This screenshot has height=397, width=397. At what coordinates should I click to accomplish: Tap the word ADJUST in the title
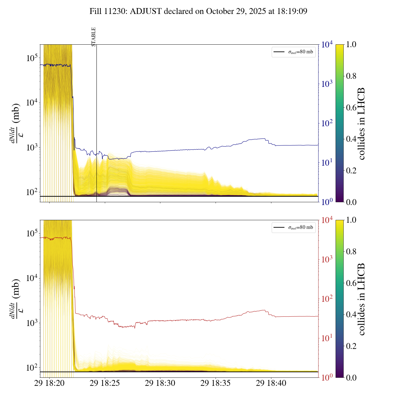coord(146,11)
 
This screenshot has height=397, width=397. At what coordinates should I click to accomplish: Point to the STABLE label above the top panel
coord(94,37)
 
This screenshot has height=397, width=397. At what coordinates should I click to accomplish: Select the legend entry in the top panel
coord(293,52)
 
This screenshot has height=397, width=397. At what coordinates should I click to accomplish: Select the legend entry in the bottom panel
coord(293,227)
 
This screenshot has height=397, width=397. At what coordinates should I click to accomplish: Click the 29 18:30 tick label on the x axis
coord(160,383)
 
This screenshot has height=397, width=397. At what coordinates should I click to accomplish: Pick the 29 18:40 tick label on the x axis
coord(271,383)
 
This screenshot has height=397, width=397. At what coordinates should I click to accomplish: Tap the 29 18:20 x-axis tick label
coord(49,383)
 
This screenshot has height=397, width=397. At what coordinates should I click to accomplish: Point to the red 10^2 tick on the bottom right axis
coord(327,299)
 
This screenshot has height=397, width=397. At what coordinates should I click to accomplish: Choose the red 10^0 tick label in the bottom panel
coord(327,377)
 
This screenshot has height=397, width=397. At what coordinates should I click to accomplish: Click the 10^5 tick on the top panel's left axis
coord(32,58)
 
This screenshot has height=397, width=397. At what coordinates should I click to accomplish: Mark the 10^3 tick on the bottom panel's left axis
coord(32,323)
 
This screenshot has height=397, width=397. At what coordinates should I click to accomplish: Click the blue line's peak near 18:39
coord(264,139)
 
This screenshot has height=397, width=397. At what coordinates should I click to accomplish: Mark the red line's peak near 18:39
coord(265,310)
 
